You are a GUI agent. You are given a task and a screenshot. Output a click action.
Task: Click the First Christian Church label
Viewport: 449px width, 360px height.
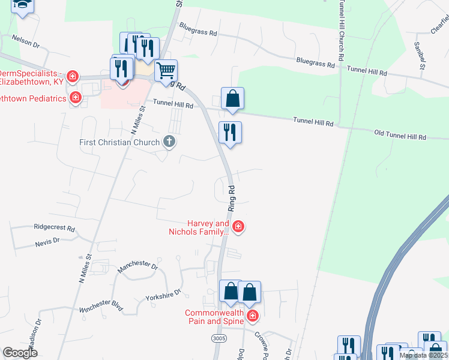[x=120, y=142]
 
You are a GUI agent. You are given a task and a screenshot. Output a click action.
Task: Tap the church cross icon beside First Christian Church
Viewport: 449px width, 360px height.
[x=169, y=142]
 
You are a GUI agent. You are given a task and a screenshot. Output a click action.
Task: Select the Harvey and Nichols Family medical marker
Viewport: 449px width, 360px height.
[x=238, y=226]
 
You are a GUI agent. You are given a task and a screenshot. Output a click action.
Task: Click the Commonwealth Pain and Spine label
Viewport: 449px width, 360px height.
[x=214, y=317]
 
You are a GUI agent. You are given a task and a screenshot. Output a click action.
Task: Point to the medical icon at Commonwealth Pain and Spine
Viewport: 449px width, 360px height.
[x=253, y=316]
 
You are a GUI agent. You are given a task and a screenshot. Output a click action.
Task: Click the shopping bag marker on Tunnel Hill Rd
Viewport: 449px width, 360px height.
[x=232, y=98]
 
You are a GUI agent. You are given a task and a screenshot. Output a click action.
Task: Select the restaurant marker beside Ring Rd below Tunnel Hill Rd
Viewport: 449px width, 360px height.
[x=230, y=132]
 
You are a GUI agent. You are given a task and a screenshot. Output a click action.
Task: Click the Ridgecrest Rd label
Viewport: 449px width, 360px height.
[x=54, y=229]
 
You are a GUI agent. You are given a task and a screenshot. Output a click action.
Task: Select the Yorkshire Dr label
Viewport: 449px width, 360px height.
[x=163, y=295]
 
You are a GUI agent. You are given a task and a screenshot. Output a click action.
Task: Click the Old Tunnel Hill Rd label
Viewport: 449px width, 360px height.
[x=400, y=134]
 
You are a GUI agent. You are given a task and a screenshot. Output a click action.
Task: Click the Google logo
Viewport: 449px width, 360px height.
[x=20, y=353]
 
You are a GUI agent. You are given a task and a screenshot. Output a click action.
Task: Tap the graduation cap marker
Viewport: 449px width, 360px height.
[x=23, y=5]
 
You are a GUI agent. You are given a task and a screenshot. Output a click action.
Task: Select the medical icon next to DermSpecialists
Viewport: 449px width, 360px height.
[x=73, y=76]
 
